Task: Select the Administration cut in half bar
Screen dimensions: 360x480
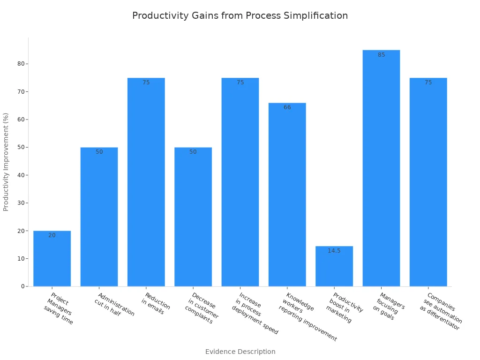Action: click(x=99, y=217)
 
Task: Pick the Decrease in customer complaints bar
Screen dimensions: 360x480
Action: click(x=193, y=217)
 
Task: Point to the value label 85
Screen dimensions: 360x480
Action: click(x=381, y=55)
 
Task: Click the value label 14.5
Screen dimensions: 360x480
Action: click(x=334, y=251)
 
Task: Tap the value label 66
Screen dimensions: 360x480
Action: click(x=287, y=107)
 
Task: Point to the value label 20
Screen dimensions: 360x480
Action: click(x=52, y=235)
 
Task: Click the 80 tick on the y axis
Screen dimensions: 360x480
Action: click(x=21, y=64)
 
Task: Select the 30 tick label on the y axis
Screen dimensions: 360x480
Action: click(x=21, y=203)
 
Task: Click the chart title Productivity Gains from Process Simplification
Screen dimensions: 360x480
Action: click(x=240, y=15)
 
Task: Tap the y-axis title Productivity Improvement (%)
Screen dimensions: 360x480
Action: click(x=6, y=162)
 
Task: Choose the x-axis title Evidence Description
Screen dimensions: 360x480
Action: click(x=240, y=352)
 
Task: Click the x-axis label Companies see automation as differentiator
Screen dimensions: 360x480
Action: click(x=440, y=312)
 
